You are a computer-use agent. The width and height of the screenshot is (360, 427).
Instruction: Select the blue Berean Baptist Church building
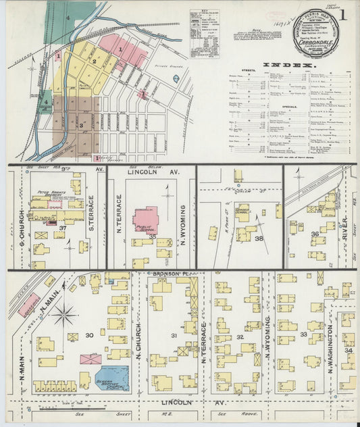tap(111, 378)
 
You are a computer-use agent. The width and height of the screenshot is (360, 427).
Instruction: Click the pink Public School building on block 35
tap(145, 220)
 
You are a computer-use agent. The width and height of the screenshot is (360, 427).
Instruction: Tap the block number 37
tap(62, 229)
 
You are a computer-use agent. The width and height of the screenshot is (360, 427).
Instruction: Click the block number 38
tap(258, 238)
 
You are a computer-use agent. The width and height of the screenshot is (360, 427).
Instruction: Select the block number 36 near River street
tap(315, 234)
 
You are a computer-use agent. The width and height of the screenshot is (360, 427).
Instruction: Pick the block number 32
tap(239, 336)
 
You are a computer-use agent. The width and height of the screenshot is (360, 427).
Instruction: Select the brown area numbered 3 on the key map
tap(80, 125)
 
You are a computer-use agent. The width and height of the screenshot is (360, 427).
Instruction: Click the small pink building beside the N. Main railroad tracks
tap(29, 305)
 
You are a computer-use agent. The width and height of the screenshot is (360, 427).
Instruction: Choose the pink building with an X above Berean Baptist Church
tap(91, 359)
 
